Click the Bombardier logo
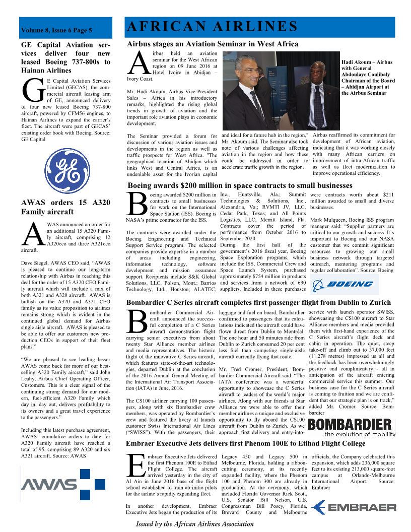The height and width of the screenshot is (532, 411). pos(349,424)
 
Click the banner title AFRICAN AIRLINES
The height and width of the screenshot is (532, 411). pos(212,27)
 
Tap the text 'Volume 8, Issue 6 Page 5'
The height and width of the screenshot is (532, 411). pos(56,31)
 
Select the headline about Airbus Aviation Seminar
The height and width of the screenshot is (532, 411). pos(213,44)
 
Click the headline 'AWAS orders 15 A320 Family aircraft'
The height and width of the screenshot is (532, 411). pos(65,207)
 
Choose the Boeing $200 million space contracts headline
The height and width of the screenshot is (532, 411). pos(240,185)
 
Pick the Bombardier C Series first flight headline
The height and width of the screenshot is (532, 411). pos(258,302)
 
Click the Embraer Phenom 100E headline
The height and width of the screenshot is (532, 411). pos(245,443)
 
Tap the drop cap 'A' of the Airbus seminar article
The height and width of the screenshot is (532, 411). pos(138,63)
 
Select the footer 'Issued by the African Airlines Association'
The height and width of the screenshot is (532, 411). pos(194,524)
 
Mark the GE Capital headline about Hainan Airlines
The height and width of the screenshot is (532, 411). pos(65,57)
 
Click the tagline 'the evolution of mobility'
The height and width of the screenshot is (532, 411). pos(360,434)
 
